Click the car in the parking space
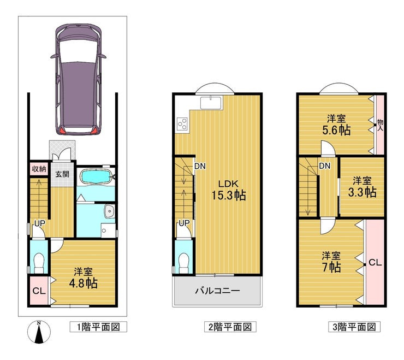pos(78,79)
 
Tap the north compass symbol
pos(39,332)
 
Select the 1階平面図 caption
pos(98,327)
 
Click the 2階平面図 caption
pos(230,327)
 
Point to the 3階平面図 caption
pos(354,327)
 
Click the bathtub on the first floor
pos(96,177)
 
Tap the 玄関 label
pos(62,174)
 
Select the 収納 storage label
pos(39,169)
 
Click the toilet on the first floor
pos(39,263)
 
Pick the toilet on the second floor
pos(184,263)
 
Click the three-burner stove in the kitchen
pos(183,123)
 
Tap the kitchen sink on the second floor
pos(211,103)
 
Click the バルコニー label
pos(217,291)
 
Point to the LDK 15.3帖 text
pos(228,190)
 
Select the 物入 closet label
pos(380,125)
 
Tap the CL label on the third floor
pos(375,263)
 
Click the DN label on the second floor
pos(200,166)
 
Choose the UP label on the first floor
pos(40,223)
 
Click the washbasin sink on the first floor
pos(110,211)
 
